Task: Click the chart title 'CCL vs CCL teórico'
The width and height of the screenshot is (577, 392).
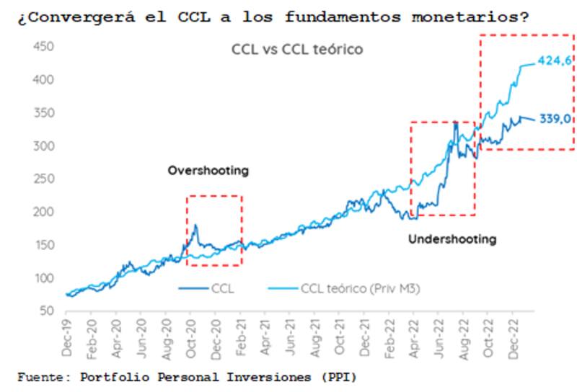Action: point(296,50)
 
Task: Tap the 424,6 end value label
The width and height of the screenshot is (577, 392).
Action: point(554,61)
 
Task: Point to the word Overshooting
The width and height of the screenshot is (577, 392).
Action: point(208,171)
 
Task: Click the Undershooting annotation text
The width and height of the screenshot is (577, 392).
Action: point(452,239)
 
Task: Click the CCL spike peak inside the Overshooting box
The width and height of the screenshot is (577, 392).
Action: point(195,226)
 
